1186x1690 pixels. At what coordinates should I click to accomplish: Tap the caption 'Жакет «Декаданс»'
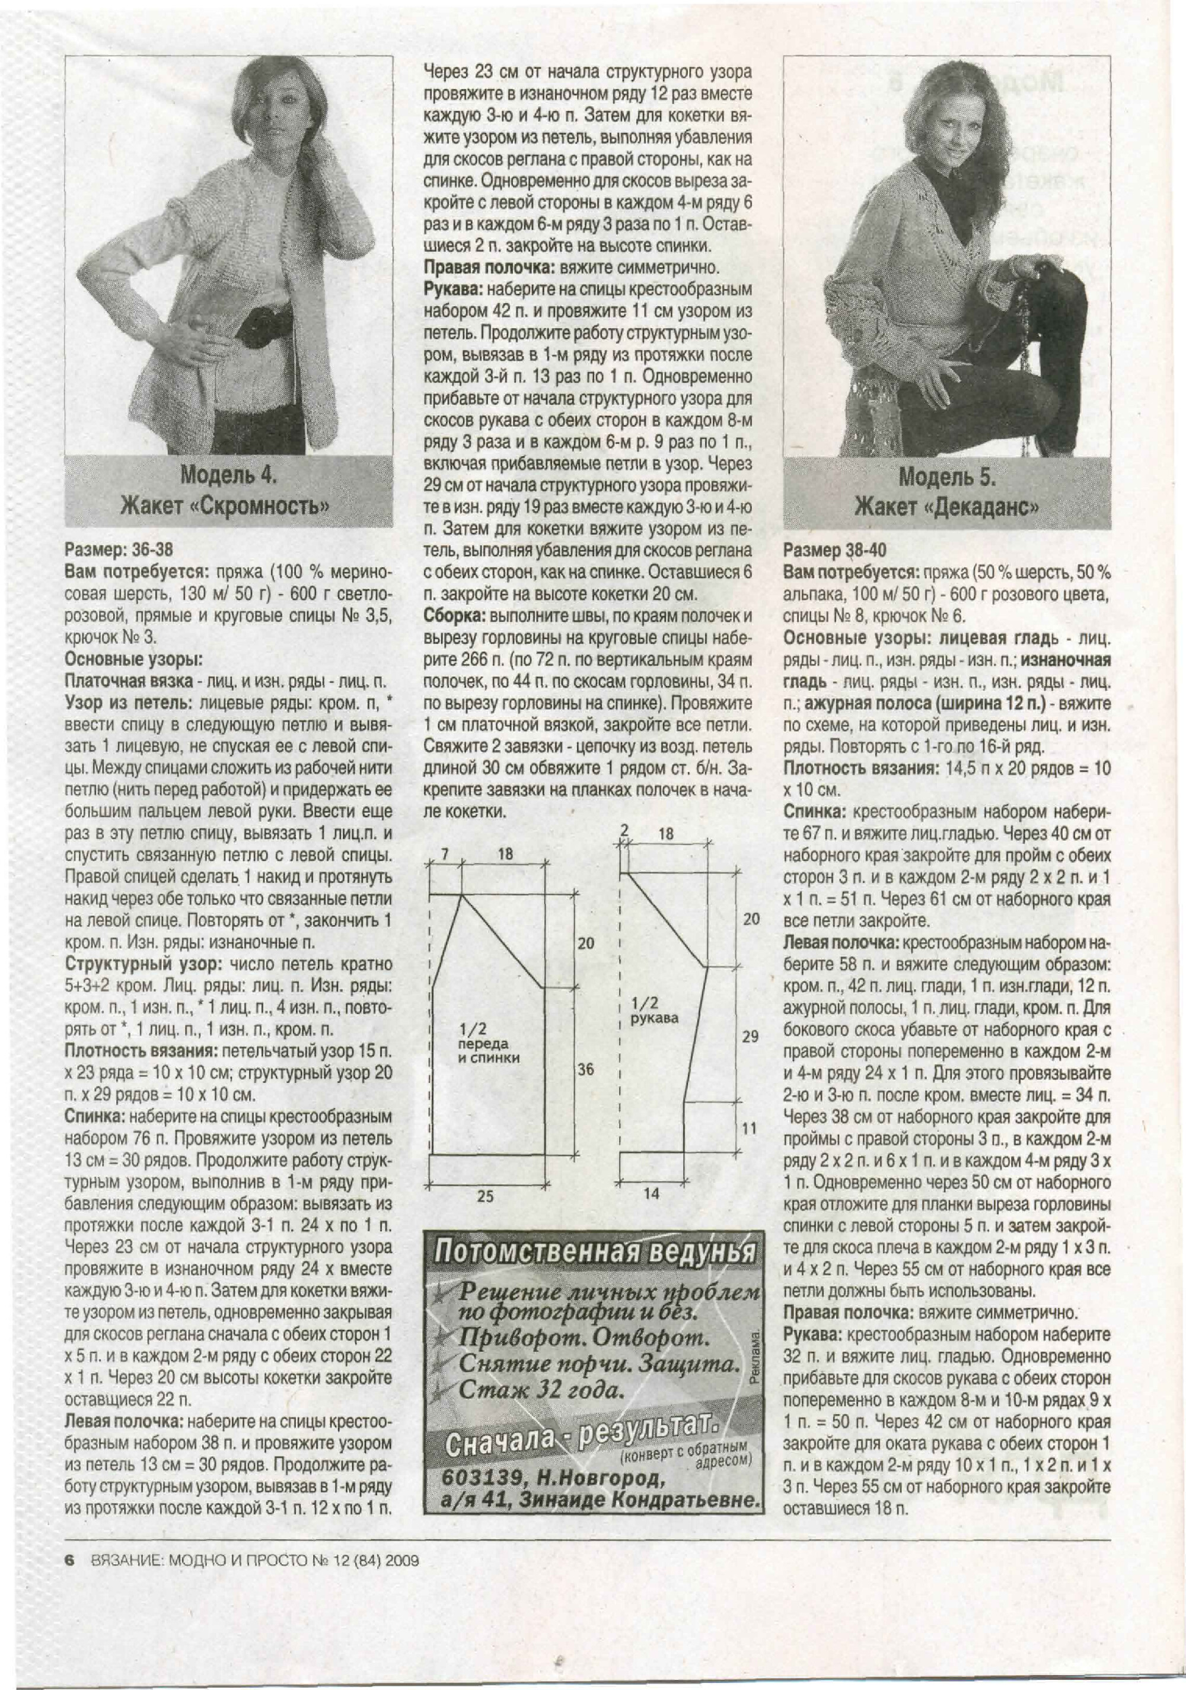[947, 507]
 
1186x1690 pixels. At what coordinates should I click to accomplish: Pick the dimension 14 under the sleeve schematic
[651, 1193]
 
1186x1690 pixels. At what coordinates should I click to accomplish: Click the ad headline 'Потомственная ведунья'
[594, 1250]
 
